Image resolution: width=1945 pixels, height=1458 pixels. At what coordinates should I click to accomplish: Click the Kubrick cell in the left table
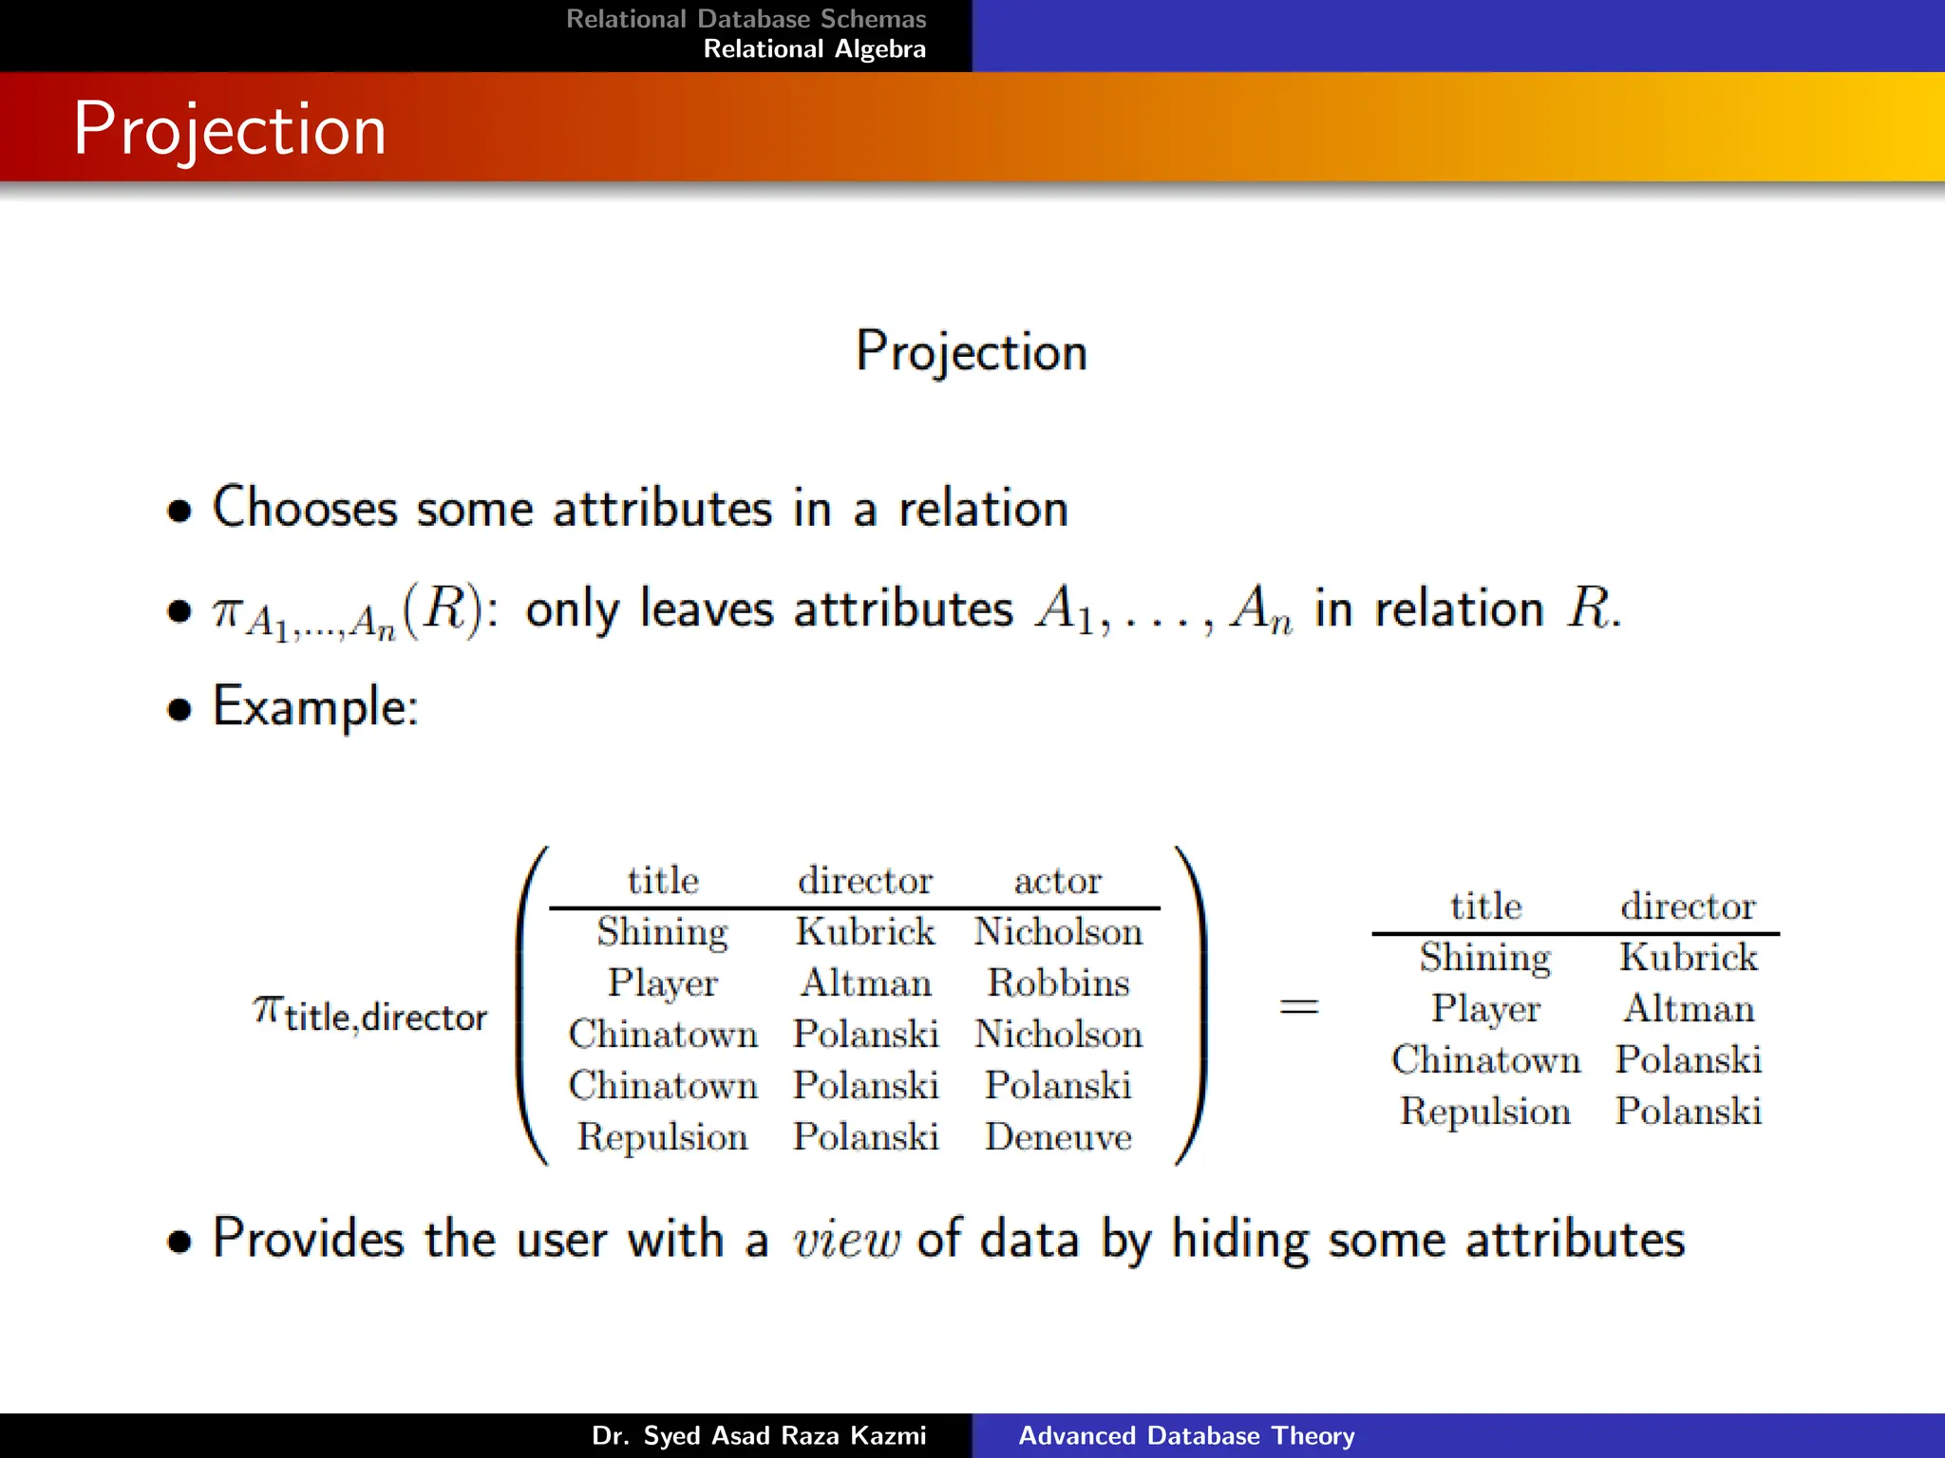(x=865, y=931)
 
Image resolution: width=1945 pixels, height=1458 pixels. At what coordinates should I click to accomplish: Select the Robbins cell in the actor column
(x=1058, y=982)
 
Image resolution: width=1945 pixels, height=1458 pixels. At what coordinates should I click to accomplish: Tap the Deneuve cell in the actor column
(x=1058, y=1136)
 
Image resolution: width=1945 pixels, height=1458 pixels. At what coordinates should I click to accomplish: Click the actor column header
(x=1058, y=881)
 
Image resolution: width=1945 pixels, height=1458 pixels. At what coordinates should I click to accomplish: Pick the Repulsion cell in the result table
(x=1485, y=1111)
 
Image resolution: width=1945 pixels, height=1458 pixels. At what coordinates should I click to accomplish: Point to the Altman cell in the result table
(x=1689, y=1008)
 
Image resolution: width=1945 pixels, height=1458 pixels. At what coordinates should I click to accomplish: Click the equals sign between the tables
(x=1298, y=1006)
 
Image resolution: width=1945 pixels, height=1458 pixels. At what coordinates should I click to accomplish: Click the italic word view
(x=845, y=1240)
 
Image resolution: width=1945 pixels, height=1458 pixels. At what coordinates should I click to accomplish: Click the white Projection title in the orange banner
(x=230, y=129)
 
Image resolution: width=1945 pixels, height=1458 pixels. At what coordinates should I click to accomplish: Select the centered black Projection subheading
(x=971, y=351)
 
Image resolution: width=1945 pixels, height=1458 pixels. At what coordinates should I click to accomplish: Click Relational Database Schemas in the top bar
(x=746, y=19)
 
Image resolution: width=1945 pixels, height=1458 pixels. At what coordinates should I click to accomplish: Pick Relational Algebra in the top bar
(x=814, y=49)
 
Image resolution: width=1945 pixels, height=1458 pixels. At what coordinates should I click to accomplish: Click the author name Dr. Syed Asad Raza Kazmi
(x=758, y=1435)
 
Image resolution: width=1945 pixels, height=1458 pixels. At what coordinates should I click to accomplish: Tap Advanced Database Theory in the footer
(x=1186, y=1435)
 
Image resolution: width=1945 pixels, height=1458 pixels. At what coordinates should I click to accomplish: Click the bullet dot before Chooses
(x=179, y=511)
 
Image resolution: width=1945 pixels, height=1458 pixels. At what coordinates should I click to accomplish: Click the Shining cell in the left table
(x=662, y=931)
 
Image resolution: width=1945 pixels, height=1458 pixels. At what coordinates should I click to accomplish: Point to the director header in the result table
(x=1688, y=906)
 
